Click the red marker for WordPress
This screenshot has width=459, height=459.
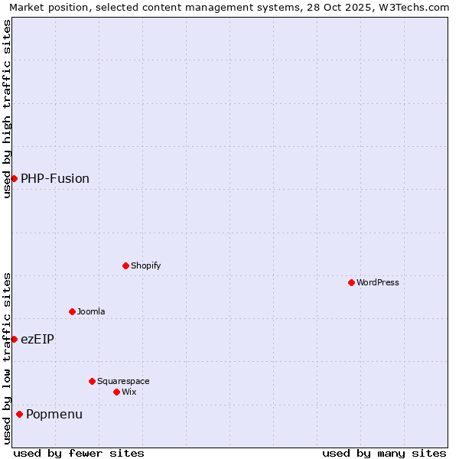point(351,282)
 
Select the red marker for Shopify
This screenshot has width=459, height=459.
point(125,265)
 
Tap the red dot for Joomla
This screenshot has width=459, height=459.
point(72,311)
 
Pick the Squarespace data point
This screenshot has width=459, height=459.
point(92,381)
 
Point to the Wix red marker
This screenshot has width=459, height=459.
point(116,392)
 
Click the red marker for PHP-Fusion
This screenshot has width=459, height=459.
point(14,178)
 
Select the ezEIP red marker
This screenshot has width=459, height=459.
point(14,339)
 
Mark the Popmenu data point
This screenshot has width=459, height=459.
point(19,414)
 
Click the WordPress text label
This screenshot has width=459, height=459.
point(378,282)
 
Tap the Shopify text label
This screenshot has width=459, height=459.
point(145,265)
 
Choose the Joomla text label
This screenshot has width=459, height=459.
point(91,311)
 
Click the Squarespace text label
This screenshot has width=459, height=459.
point(123,381)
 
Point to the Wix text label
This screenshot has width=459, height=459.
point(129,392)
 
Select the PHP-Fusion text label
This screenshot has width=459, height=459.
point(55,178)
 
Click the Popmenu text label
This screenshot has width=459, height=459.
point(54,414)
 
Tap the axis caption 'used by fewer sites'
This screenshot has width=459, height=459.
point(79,453)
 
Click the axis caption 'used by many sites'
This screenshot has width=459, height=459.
point(384,453)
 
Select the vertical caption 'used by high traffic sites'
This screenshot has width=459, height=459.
point(7,109)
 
